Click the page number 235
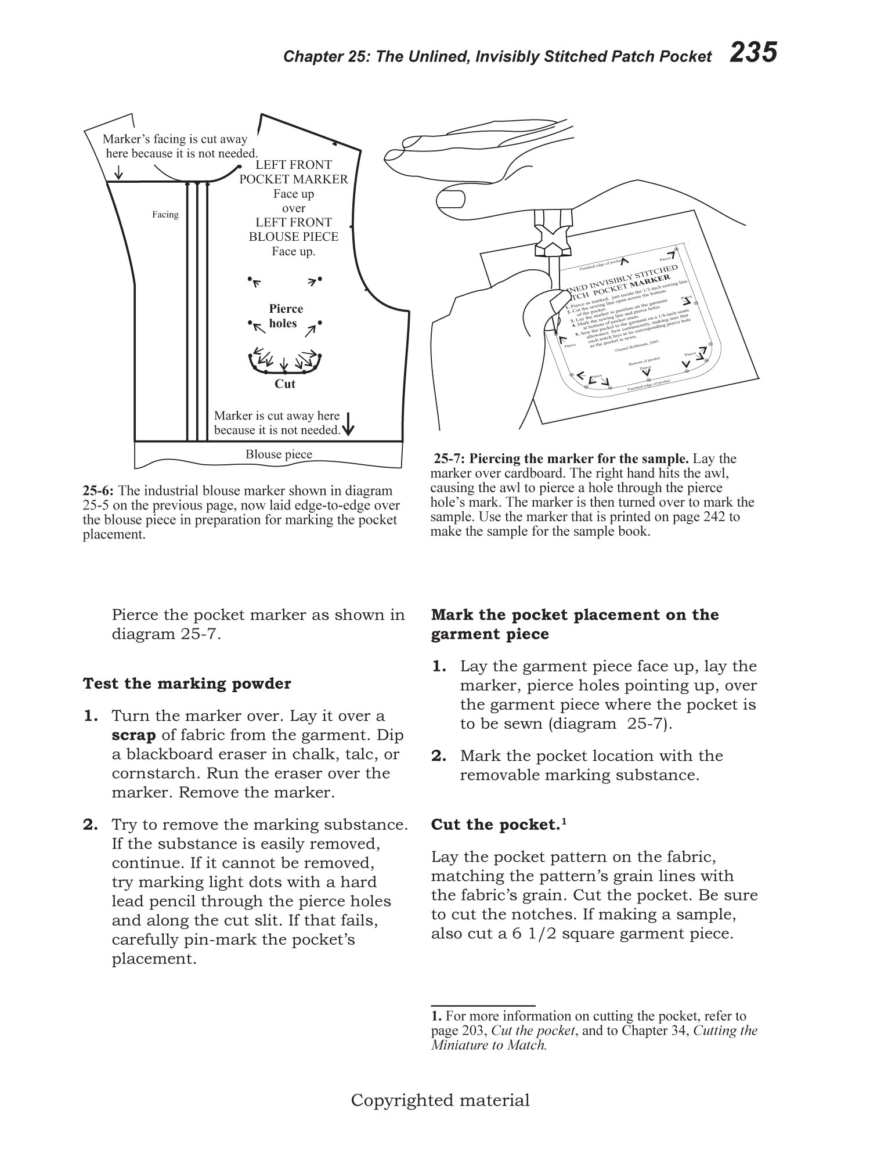tap(753, 53)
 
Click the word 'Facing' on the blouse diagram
tap(165, 215)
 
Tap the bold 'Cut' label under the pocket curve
tap(285, 384)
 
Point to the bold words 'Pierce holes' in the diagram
tap(285, 316)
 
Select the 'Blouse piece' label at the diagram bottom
tap(279, 455)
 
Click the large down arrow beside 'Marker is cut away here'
tap(348, 424)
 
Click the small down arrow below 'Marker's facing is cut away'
tap(118, 172)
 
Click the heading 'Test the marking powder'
tap(187, 684)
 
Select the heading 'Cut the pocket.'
tap(495, 825)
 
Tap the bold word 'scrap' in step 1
tap(133, 735)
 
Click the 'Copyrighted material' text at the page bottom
tap(441, 1100)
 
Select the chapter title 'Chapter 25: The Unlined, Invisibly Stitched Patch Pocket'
tap(497, 56)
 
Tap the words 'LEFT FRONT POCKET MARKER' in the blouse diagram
tap(294, 172)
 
